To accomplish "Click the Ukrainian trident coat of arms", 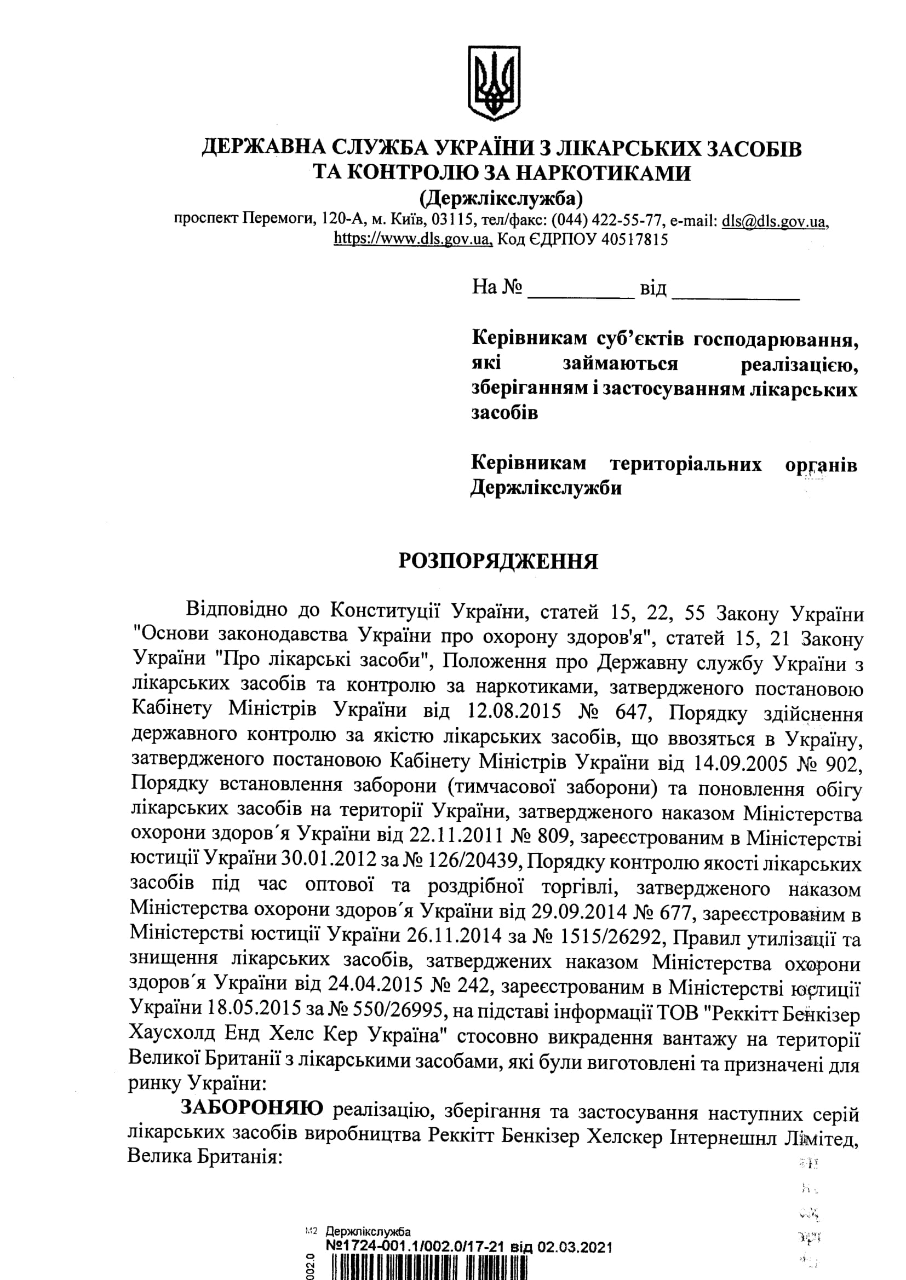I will click(494, 83).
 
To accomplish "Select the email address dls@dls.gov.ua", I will click(774, 221).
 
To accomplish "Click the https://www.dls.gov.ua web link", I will click(413, 239).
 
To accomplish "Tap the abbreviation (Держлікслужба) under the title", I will click(501, 197).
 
